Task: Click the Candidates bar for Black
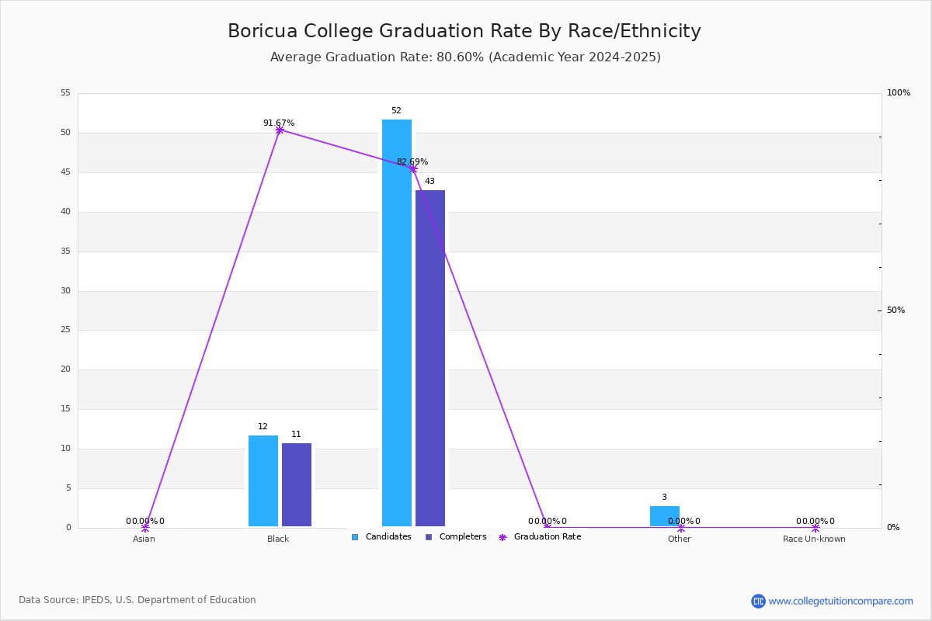coord(263,480)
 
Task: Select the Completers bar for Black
coord(297,484)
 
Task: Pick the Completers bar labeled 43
coord(430,358)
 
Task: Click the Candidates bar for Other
coord(665,516)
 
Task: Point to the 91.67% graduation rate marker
coord(280,130)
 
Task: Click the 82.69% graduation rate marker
coord(413,168)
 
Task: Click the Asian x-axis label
coord(144,539)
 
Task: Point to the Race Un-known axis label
coord(814,539)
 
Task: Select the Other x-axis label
coord(679,539)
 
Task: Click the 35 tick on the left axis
coord(66,252)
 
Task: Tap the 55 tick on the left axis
coord(66,93)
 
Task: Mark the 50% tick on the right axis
coord(895,310)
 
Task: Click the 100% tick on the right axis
coord(898,93)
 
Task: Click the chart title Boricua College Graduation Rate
coord(464,31)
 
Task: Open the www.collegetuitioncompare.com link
coord(840,601)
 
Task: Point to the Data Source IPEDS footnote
coord(137,600)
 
